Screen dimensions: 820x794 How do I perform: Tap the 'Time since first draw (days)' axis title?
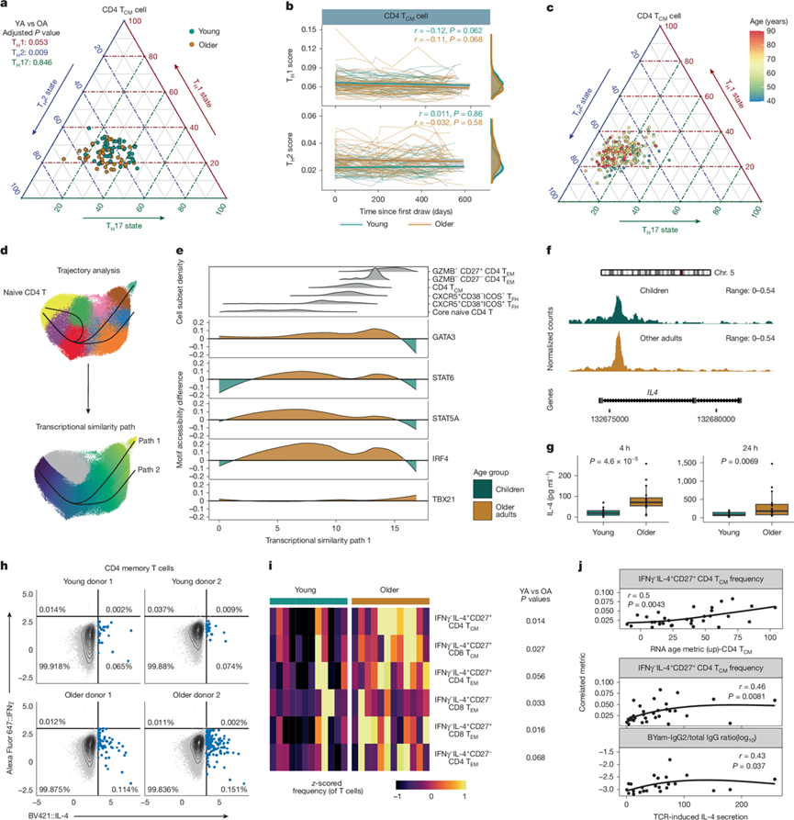[409, 213]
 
